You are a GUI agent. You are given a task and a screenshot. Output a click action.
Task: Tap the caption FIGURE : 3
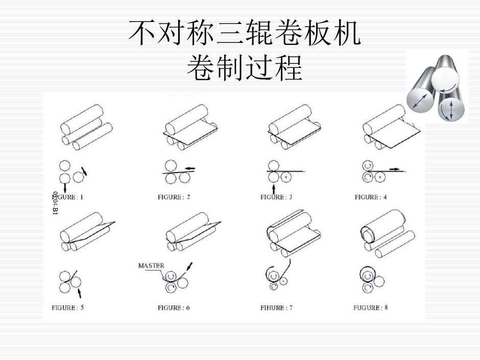coord(276,197)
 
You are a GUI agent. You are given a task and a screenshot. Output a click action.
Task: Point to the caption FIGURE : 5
coord(68,308)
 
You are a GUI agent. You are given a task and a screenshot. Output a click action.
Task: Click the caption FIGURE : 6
coord(174,308)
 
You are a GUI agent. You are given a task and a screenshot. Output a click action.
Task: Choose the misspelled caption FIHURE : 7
coord(276,308)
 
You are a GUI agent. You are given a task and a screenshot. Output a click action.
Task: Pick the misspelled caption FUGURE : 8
coord(371,308)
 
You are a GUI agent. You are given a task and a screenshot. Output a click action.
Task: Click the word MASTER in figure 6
coord(151,266)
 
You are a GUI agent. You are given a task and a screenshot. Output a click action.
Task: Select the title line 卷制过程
coord(245,67)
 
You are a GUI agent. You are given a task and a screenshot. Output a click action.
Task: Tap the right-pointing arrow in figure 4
coord(394,168)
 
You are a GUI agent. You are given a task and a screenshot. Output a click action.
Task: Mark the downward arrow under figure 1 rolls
coord(65,188)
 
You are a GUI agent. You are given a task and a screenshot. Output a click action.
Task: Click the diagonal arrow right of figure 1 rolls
coord(84,170)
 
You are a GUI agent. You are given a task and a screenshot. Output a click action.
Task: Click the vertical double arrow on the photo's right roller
coord(452,110)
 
